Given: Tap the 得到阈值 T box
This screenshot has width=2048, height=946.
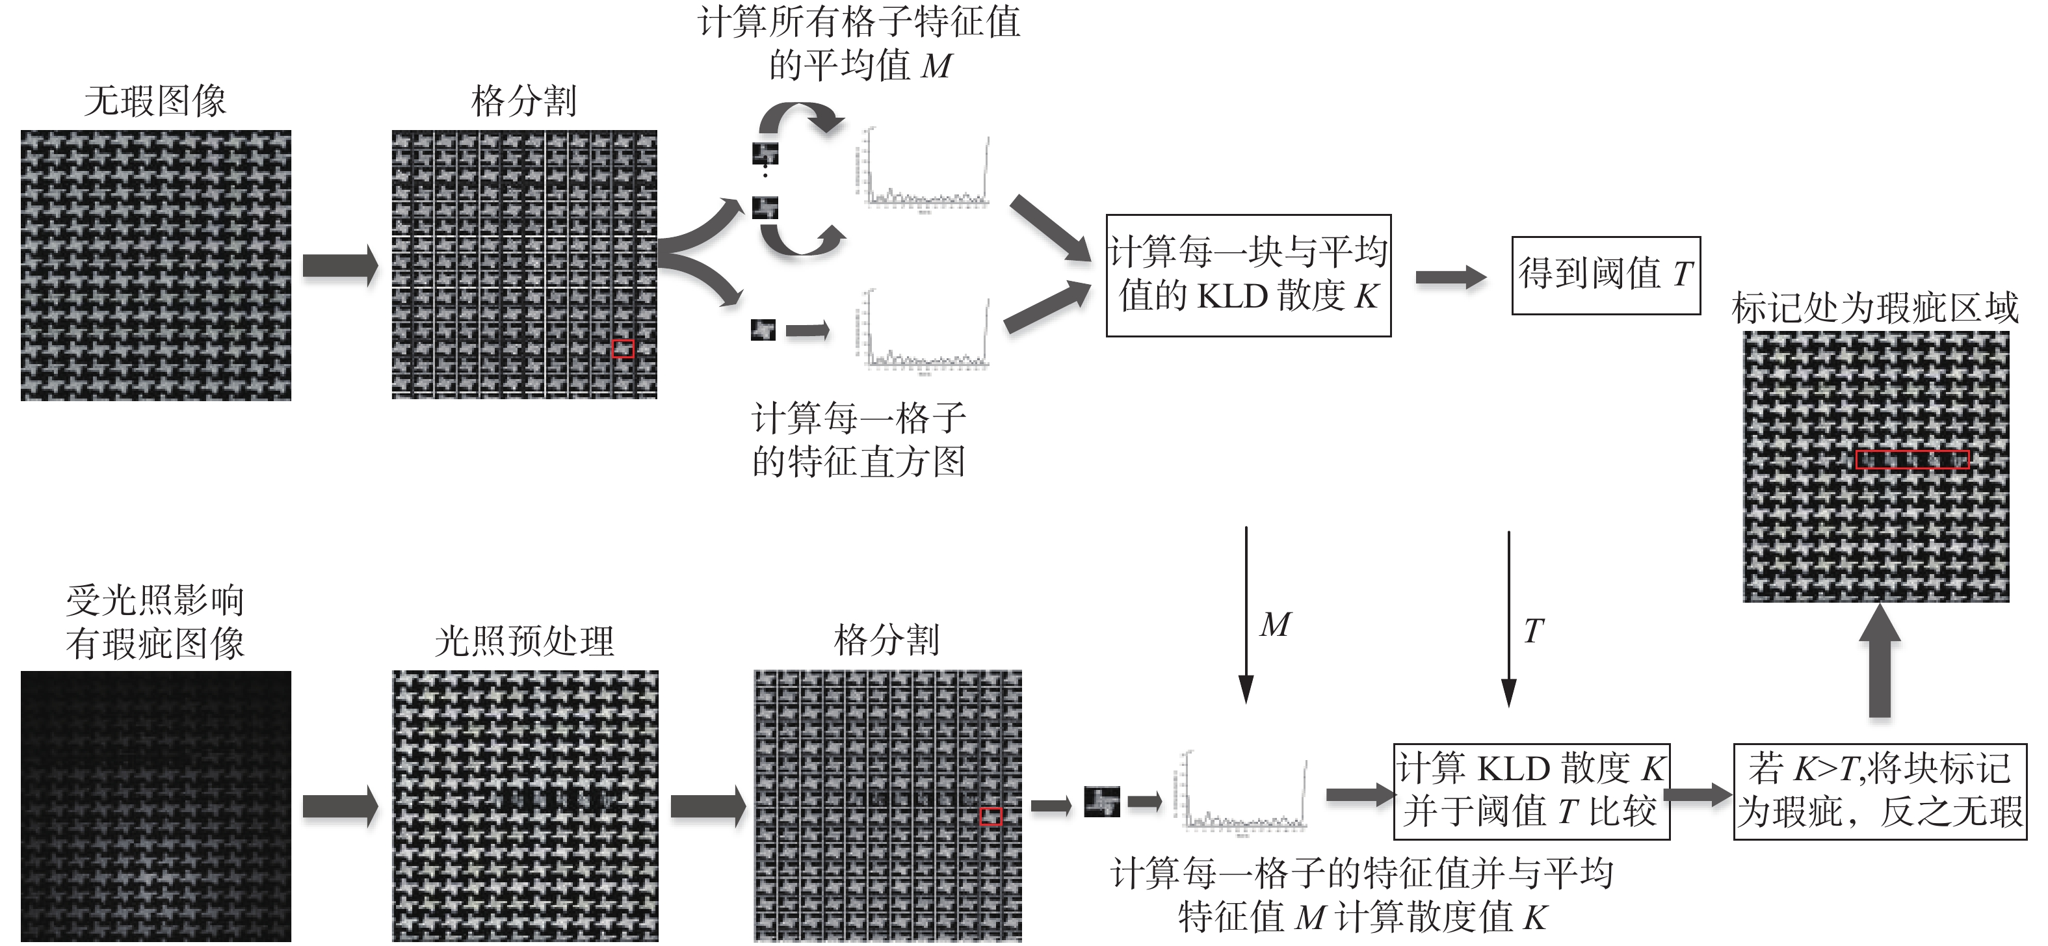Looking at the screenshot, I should pos(1605,275).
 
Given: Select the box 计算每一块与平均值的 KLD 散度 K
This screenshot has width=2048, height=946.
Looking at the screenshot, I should pos(1248,275).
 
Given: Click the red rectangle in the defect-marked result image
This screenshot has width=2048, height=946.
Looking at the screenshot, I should pos(1912,460).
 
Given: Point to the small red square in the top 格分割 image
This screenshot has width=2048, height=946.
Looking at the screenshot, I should pos(624,348).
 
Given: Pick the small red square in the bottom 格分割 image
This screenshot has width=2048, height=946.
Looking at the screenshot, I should pos(991,817).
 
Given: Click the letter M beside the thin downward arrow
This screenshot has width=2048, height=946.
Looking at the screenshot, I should pos(1275,625).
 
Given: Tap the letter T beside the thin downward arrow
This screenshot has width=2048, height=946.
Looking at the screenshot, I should pos(1534,631).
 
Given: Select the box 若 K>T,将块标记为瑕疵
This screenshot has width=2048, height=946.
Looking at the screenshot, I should pos(1880,791).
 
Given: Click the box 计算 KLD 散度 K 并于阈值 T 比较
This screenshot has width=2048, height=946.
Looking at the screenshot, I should pos(1531,791).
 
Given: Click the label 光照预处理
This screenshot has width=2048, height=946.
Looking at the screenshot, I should pos(524,640).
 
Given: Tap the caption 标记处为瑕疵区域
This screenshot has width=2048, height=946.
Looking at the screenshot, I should pos(1874,308).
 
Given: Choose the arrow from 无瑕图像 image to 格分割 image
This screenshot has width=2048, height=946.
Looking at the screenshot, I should pos(340,265).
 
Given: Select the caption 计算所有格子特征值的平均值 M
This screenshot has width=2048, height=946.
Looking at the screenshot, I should pos(859,44).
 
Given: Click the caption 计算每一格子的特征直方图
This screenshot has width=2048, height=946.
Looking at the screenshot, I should pos(859,440).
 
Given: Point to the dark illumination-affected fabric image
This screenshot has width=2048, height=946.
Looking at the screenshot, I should pos(156,806).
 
